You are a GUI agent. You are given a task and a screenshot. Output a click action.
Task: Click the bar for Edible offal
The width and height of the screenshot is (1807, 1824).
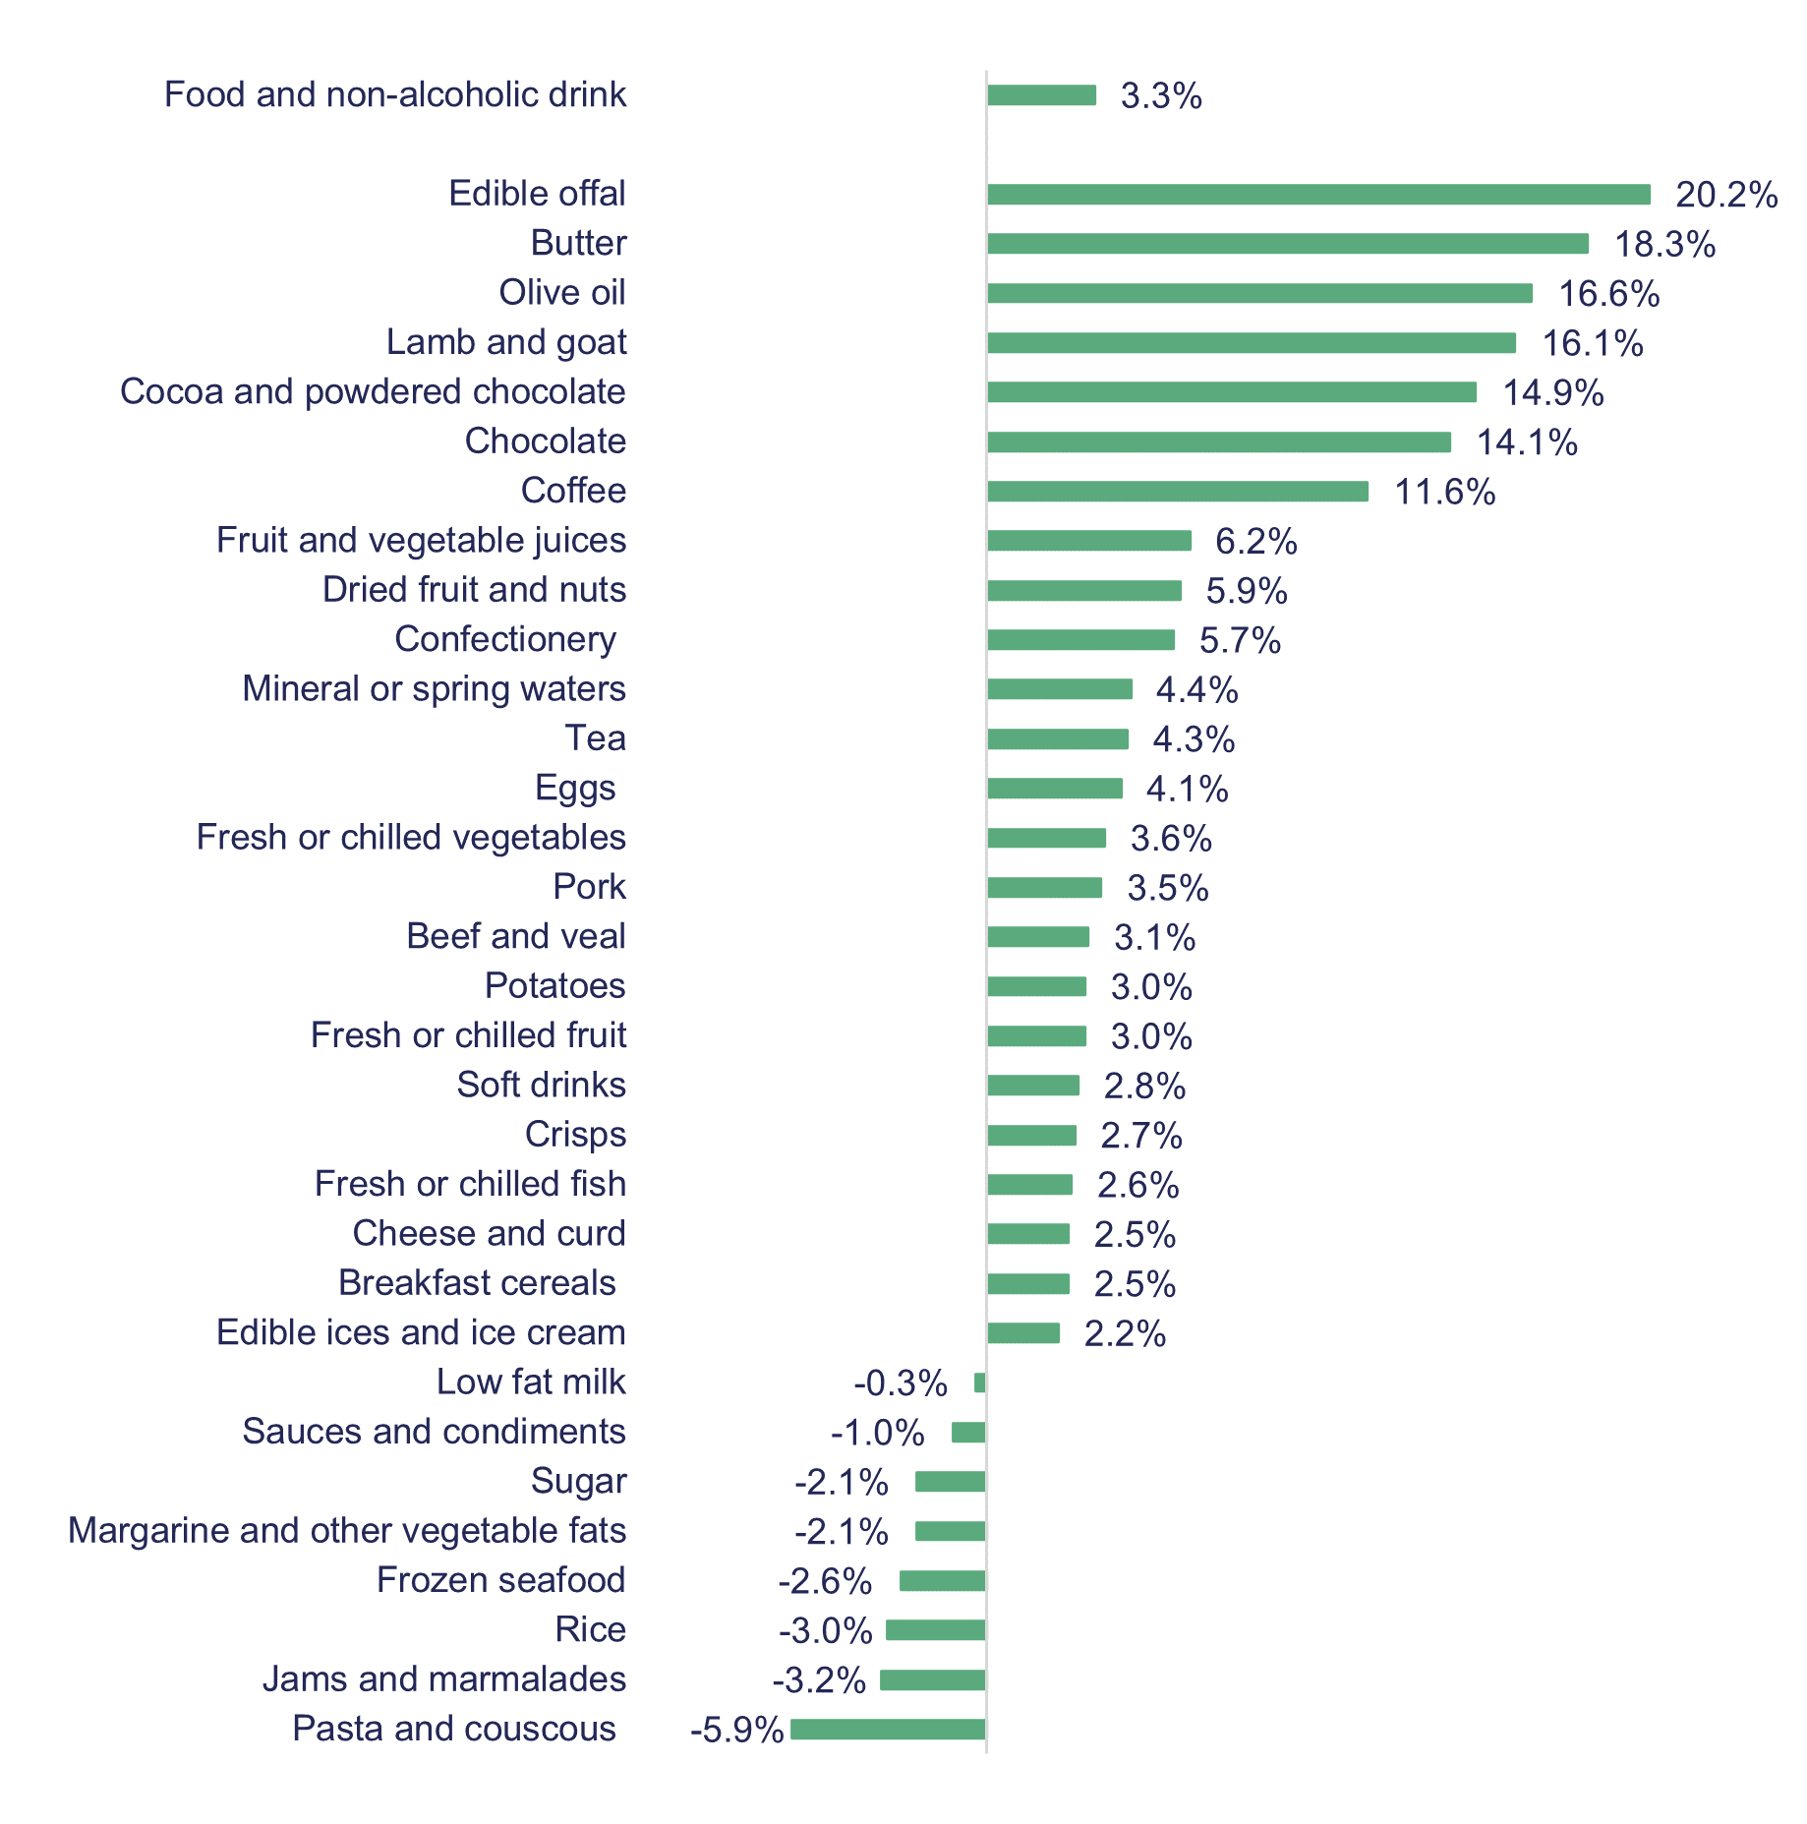click(1317, 195)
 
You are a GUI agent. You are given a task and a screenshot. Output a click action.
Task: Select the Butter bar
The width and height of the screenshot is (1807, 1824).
click(1287, 244)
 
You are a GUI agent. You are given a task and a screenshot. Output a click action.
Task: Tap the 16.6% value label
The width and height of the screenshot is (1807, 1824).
click(1608, 294)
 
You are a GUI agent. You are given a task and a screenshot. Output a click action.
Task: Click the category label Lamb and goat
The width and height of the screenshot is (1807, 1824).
click(505, 342)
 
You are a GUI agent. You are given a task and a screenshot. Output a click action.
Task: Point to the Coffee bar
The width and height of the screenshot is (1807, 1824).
click(1177, 491)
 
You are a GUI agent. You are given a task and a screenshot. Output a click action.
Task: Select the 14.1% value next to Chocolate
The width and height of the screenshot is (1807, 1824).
click(1526, 442)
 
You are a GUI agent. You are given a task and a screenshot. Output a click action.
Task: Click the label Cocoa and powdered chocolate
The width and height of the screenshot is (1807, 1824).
click(373, 391)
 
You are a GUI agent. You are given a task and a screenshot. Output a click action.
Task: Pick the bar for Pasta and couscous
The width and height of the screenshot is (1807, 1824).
click(887, 1729)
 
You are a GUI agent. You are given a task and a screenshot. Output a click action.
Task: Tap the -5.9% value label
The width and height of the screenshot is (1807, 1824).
click(736, 1729)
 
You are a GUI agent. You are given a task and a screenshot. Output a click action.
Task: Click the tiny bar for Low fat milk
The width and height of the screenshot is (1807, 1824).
click(979, 1383)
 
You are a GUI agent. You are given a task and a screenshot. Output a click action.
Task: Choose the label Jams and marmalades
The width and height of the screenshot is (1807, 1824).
click(443, 1678)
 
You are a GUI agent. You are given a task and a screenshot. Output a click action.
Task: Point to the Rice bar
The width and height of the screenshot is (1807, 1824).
click(935, 1630)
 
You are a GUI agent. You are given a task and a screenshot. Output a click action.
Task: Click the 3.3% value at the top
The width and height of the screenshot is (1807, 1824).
click(1160, 96)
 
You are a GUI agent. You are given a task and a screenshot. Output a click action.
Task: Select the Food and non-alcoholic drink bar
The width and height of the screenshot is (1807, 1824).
click(1041, 95)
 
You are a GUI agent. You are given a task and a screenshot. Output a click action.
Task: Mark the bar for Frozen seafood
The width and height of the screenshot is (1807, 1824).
click(942, 1580)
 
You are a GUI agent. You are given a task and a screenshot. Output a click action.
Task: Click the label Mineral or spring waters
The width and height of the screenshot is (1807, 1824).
click(434, 688)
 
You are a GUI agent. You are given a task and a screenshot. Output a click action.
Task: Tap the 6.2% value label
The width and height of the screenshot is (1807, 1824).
click(1255, 541)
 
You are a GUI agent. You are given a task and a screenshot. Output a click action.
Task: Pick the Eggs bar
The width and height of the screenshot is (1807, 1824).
click(1054, 789)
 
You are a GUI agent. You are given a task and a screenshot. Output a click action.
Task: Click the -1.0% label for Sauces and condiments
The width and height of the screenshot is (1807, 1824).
click(877, 1433)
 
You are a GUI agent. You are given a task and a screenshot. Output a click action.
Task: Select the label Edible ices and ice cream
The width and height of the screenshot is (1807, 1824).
click(421, 1332)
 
